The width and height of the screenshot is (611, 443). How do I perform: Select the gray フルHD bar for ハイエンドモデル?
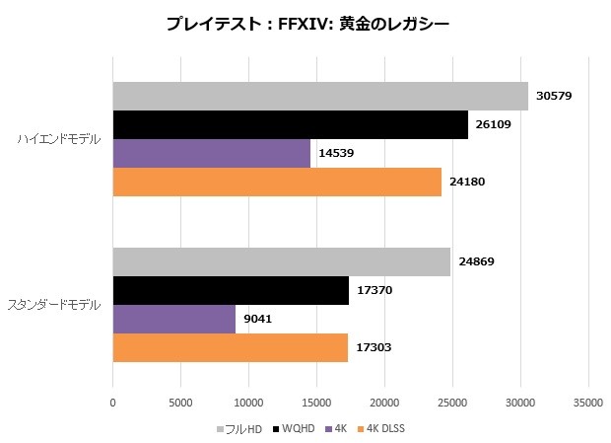320,96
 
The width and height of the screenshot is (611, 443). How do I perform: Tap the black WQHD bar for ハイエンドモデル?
290,124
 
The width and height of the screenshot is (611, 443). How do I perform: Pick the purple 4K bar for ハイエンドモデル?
211,153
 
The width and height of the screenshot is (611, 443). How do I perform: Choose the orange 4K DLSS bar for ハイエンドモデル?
277,182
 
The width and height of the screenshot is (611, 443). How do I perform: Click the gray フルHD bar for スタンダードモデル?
281,261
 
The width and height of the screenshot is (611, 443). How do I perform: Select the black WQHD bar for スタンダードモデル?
231,290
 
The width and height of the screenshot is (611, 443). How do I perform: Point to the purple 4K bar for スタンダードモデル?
173,319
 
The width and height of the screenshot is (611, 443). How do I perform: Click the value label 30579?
555,97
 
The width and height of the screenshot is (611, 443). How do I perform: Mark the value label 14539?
337,154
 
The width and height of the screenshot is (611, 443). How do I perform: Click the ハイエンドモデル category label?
59,139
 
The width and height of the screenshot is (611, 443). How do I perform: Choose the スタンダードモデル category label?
54,305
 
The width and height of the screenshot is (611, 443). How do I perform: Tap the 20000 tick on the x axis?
384,402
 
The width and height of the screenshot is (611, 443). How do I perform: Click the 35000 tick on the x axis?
588,402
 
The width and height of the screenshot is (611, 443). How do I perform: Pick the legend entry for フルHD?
240,429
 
